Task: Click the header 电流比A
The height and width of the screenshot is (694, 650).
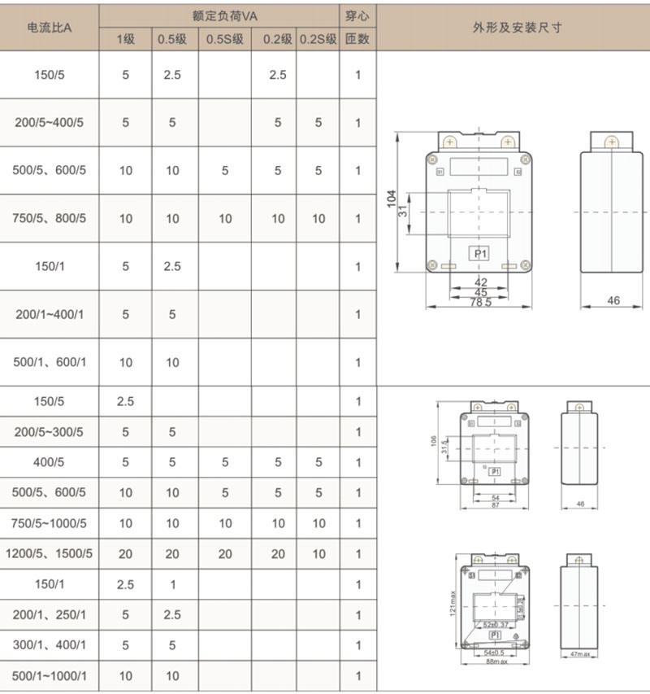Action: point(50,27)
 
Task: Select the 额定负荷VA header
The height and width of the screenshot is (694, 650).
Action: point(219,15)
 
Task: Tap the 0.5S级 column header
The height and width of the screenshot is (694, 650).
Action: point(224,39)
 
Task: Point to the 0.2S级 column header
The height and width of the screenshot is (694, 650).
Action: point(318,39)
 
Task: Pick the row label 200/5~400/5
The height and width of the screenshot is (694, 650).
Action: point(50,123)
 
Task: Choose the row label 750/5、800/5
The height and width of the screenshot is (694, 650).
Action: point(50,219)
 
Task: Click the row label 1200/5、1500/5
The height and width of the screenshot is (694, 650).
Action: point(50,554)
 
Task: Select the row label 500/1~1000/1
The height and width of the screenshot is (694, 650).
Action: point(50,676)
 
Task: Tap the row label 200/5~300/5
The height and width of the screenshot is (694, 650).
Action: point(50,432)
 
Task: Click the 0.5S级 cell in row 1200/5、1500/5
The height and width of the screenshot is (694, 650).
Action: point(225,554)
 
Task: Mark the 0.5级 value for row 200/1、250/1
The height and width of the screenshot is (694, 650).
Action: point(172,615)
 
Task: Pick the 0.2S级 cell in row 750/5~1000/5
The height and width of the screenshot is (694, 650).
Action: point(318,524)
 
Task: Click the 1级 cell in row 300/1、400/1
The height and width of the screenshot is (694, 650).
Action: point(125,645)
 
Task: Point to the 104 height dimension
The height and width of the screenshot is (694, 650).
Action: point(392,200)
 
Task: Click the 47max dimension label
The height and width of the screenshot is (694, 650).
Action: point(580,653)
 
